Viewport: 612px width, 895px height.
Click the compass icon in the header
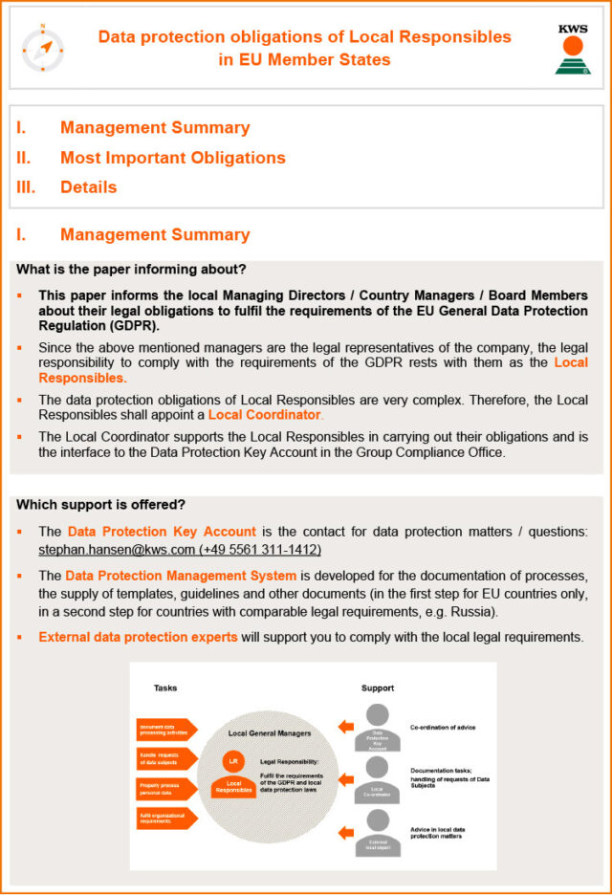pos(43,50)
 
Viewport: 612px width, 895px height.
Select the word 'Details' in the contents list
pos(88,187)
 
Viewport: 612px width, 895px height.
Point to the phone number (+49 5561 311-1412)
pos(260,550)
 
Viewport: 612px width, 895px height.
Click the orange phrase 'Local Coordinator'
pos(264,415)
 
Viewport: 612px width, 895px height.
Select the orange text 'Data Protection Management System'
pos(181,576)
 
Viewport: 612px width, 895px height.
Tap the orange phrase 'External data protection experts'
pos(138,637)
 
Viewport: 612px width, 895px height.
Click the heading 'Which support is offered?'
pos(100,505)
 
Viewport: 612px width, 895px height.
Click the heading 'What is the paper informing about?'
pos(131,269)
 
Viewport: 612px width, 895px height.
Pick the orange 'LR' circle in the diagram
pos(230,761)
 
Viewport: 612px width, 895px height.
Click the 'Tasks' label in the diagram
pos(165,688)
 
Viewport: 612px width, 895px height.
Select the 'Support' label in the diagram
pos(377,688)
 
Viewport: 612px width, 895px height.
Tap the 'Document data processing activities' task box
pos(165,730)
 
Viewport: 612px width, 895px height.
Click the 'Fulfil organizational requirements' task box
pos(165,819)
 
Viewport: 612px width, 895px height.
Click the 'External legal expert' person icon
pos(378,831)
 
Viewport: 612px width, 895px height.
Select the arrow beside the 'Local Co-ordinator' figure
pos(345,779)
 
